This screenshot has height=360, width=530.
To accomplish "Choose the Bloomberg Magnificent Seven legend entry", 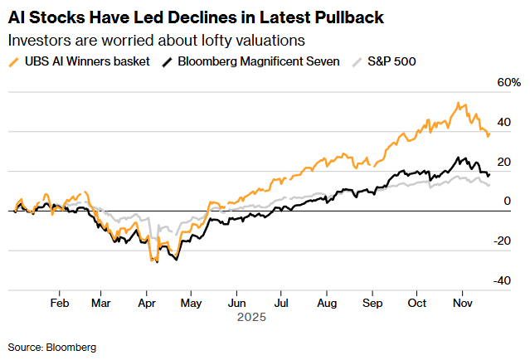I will click(x=254, y=61).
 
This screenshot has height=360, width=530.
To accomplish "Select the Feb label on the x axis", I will click(x=59, y=304).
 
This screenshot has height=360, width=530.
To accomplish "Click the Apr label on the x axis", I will click(x=147, y=304).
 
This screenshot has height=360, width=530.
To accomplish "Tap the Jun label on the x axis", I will click(x=237, y=304).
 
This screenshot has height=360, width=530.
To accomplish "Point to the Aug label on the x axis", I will click(x=328, y=304).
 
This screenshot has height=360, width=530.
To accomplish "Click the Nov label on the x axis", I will click(x=463, y=304).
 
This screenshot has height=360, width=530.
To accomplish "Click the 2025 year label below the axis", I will click(x=250, y=318).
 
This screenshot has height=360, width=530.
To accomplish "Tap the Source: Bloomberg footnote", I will click(x=52, y=346).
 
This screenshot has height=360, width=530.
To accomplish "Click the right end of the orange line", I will click(x=489, y=133).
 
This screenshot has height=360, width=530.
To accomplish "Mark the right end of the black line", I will click(x=489, y=174).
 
